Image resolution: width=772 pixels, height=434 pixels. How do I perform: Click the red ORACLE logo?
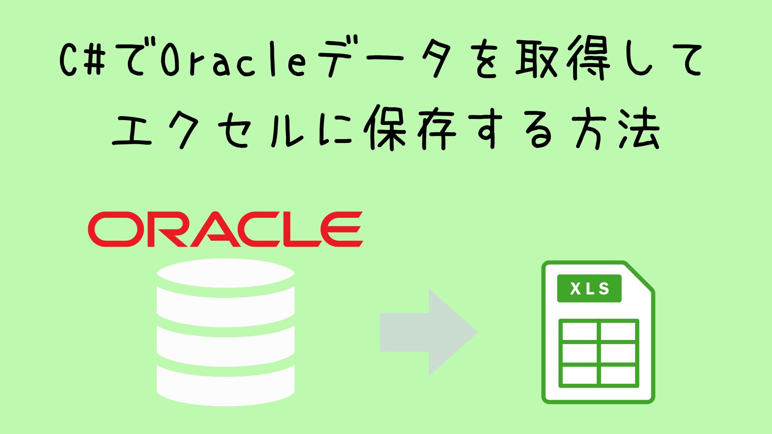[x=226, y=229]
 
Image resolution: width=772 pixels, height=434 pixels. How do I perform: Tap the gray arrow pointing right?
[x=429, y=332]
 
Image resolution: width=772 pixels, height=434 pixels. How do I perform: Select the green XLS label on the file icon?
[x=589, y=289]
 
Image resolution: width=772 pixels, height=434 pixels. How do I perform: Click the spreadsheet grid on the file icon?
[x=599, y=354]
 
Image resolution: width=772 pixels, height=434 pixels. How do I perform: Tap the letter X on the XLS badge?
[x=575, y=289]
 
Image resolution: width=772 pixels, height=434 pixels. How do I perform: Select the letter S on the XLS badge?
[x=604, y=289]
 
